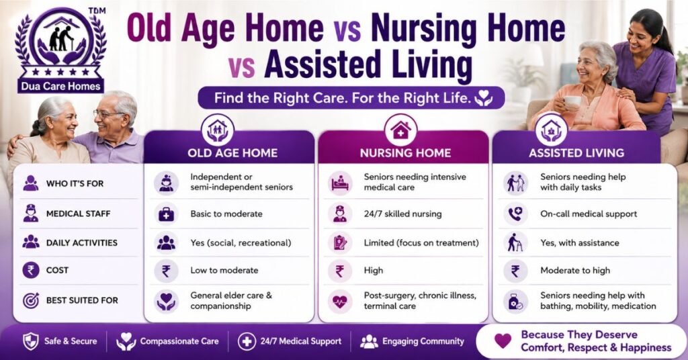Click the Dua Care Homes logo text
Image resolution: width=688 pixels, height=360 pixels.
point(60,87)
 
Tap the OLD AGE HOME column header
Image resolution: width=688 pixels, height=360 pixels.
point(232,153)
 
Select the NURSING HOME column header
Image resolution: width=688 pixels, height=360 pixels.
point(405,153)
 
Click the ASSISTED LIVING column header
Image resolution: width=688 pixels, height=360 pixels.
point(576,153)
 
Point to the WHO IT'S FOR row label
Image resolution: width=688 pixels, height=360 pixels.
point(75,184)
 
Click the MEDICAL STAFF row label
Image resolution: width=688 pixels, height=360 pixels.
point(79,214)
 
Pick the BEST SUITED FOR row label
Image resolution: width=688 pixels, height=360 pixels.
point(82,300)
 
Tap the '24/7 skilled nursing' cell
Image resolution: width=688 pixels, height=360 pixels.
point(403,214)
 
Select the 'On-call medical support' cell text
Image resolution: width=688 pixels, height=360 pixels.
point(589,214)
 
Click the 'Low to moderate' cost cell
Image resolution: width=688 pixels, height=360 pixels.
point(224,271)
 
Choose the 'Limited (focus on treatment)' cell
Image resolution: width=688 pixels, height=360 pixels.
point(421,243)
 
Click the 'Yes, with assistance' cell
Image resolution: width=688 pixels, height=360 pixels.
point(580,243)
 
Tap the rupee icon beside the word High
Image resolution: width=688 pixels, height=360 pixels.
point(339,271)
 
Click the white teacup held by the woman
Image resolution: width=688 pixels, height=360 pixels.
point(572,101)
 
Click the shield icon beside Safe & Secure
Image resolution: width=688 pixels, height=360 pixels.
point(30,341)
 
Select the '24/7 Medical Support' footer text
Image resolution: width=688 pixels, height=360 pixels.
point(301,341)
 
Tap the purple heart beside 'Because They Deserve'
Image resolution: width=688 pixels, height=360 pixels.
point(503,341)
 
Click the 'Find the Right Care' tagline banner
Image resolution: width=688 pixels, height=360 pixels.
point(351,97)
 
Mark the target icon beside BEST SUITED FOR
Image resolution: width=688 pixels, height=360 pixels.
point(31,300)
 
